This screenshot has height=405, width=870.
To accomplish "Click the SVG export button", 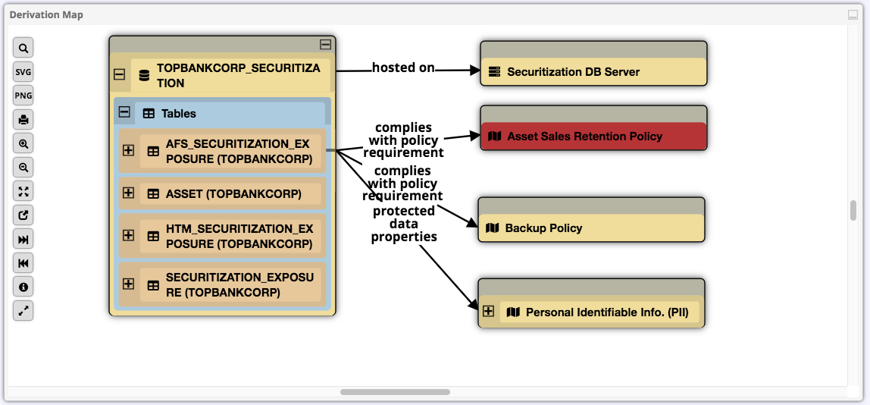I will click(23, 72).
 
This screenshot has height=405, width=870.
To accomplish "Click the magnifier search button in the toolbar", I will click(23, 49).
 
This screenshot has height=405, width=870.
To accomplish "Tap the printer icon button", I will click(23, 120).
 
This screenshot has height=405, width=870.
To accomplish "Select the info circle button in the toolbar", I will click(23, 287).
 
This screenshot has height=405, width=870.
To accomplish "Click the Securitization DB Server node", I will click(573, 72).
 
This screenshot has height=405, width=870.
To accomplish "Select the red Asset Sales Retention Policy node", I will click(584, 137).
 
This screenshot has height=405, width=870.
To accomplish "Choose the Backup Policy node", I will click(543, 228).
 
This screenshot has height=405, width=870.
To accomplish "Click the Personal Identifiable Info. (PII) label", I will click(607, 312).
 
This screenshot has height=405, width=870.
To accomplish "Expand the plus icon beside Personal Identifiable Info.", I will click(488, 311).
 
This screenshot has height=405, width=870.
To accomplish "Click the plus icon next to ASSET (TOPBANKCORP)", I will click(128, 193).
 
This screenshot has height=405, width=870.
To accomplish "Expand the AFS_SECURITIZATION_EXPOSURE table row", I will click(128, 150).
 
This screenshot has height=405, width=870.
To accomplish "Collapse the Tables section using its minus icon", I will click(124, 112).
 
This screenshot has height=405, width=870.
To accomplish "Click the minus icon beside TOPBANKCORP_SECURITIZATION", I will click(119, 75).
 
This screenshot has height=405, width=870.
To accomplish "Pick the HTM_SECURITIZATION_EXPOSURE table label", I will click(239, 236).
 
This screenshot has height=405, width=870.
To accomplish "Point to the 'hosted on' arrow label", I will click(403, 67).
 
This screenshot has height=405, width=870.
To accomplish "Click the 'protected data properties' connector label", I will click(404, 224).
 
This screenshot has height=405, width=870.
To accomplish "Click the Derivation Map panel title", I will click(46, 14).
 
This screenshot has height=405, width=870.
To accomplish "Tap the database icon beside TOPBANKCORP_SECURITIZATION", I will click(144, 76).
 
